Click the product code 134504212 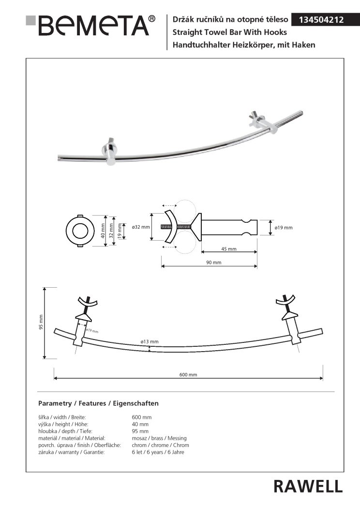(321, 20)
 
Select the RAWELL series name (308, 486)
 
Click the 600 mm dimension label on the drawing (188, 375)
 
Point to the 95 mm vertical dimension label (41, 322)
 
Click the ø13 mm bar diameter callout (150, 341)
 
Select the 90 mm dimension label (214, 263)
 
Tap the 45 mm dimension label (229, 249)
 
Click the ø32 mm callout (141, 227)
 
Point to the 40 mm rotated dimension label (103, 231)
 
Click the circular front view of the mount (80, 231)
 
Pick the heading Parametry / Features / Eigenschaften (98, 403)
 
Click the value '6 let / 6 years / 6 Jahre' (158, 452)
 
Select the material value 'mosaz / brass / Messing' (159, 438)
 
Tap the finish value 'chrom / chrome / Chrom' (160, 445)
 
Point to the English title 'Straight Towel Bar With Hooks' (230, 32)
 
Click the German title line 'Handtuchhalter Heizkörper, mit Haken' (244, 45)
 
